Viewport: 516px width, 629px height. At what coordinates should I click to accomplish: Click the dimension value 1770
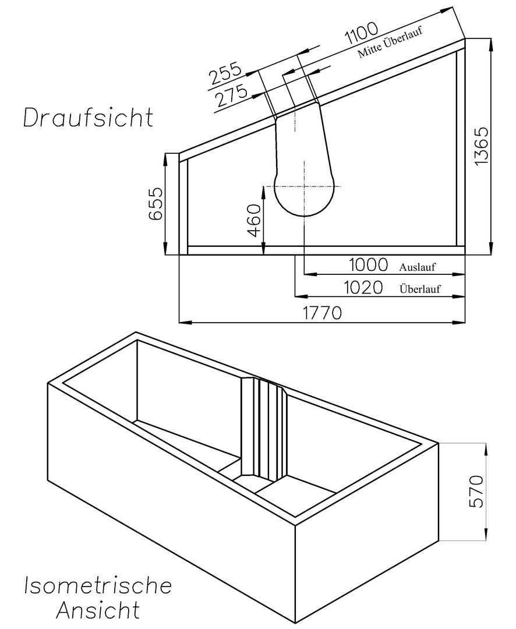click(322, 313)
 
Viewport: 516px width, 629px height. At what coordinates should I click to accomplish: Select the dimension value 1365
click(480, 145)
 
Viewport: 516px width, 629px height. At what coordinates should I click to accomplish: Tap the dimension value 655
click(155, 203)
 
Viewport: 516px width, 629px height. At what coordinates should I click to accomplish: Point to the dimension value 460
click(253, 220)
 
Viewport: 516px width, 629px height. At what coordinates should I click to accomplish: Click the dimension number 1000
click(368, 265)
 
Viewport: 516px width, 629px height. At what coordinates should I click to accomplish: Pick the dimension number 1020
click(363, 287)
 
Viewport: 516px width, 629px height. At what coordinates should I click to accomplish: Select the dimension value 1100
click(362, 33)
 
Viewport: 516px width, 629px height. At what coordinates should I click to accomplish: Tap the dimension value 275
click(231, 96)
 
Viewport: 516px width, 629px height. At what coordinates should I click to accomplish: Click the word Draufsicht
click(89, 118)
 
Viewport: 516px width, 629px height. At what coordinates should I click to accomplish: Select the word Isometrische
click(98, 586)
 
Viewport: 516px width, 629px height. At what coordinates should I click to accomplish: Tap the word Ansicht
click(98, 610)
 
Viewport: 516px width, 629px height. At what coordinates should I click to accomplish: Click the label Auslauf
click(417, 267)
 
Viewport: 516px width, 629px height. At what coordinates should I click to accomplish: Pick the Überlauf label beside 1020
click(420, 289)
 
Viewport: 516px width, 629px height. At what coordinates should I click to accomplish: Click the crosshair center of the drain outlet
click(305, 186)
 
